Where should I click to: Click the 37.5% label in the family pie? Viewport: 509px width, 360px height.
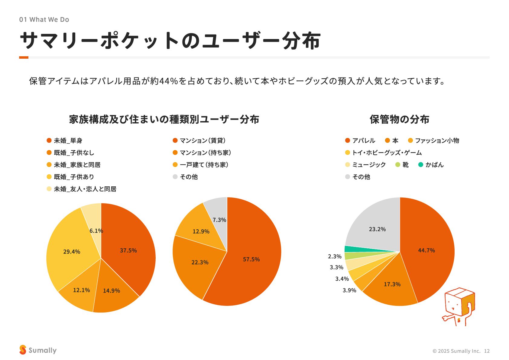128,250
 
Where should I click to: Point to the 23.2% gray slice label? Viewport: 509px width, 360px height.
377,229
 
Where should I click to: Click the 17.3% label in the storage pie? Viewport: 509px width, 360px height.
392,284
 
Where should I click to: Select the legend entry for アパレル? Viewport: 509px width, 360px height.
360,141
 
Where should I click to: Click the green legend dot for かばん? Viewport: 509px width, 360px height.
421,165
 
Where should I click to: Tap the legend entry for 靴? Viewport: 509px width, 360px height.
402,165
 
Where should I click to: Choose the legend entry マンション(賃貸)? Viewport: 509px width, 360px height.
199,141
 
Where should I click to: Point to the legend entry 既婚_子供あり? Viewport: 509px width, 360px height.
70,177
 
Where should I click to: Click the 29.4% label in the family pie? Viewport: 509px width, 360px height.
72,252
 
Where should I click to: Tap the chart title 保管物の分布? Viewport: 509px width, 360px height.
399,119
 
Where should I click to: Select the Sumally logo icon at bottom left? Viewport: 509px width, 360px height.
23,350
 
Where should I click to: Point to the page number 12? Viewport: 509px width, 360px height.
487,351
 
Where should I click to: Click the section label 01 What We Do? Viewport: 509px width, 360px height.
44,20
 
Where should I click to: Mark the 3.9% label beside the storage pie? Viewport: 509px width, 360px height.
349,290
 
